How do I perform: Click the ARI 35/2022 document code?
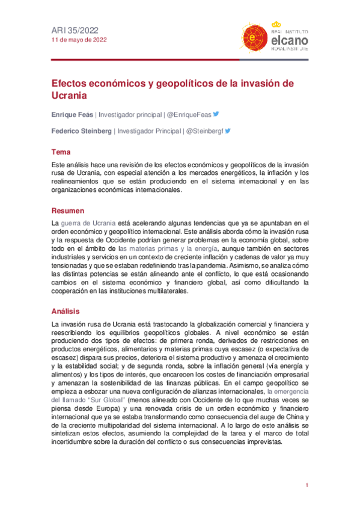pos(75,29)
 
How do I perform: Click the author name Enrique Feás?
pos(72,114)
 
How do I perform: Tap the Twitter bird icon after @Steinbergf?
pos(228,130)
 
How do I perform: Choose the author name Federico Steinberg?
pos(81,130)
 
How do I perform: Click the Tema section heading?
pos(61,152)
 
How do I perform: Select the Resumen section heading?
pos(67,210)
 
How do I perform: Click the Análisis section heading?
pos(66,311)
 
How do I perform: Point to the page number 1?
pos(307,485)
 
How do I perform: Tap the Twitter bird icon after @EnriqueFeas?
pos(216,114)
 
